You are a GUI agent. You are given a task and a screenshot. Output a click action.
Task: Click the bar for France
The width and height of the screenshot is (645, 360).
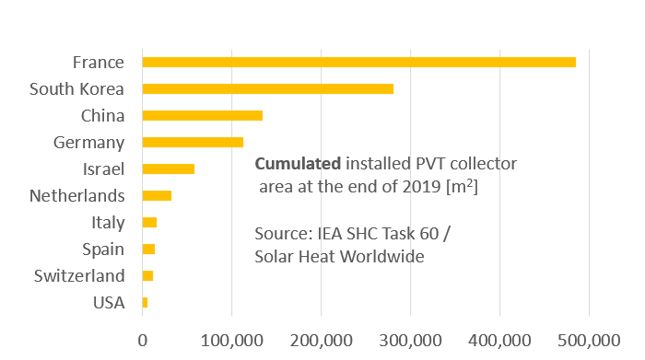click(358, 62)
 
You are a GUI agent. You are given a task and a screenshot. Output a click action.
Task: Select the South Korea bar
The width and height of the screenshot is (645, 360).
click(267, 88)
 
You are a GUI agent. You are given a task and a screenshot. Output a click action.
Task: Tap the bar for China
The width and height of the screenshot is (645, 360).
click(202, 115)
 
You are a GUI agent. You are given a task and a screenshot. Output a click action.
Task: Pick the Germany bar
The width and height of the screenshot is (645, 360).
click(193, 142)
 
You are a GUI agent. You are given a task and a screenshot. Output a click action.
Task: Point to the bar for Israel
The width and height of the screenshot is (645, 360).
click(168, 168)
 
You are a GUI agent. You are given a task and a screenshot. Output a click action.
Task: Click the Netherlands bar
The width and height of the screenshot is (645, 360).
click(157, 195)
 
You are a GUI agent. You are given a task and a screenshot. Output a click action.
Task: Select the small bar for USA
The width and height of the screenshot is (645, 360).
click(145, 302)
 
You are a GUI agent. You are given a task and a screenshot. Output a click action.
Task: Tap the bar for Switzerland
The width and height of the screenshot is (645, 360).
click(147, 275)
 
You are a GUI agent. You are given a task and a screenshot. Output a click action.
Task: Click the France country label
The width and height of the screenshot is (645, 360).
click(98, 63)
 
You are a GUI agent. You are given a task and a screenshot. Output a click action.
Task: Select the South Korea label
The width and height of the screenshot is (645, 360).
click(76, 89)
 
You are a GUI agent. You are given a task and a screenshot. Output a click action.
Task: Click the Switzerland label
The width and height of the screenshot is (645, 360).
click(79, 276)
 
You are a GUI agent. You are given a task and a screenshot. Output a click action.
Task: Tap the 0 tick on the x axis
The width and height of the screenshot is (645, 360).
click(143, 339)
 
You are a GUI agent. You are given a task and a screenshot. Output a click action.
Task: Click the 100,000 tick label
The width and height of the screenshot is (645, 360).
click(231, 339)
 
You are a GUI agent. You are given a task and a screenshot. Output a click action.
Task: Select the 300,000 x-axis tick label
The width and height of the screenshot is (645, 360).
click(410, 339)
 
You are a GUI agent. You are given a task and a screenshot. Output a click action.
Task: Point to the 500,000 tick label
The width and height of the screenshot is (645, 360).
click(588, 339)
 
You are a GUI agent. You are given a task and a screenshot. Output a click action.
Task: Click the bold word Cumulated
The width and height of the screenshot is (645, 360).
click(297, 164)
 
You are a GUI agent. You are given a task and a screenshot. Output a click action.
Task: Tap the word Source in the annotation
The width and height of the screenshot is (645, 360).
click(281, 236)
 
